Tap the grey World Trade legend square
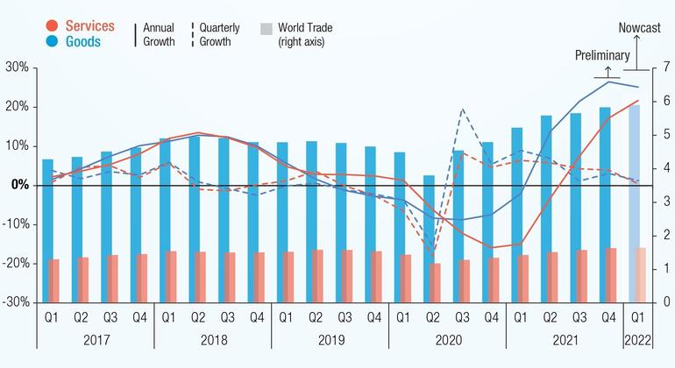point(266,29)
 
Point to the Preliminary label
point(601,56)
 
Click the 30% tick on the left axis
point(18,67)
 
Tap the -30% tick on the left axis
point(16,302)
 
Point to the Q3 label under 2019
point(345,317)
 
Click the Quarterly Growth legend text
point(215,34)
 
